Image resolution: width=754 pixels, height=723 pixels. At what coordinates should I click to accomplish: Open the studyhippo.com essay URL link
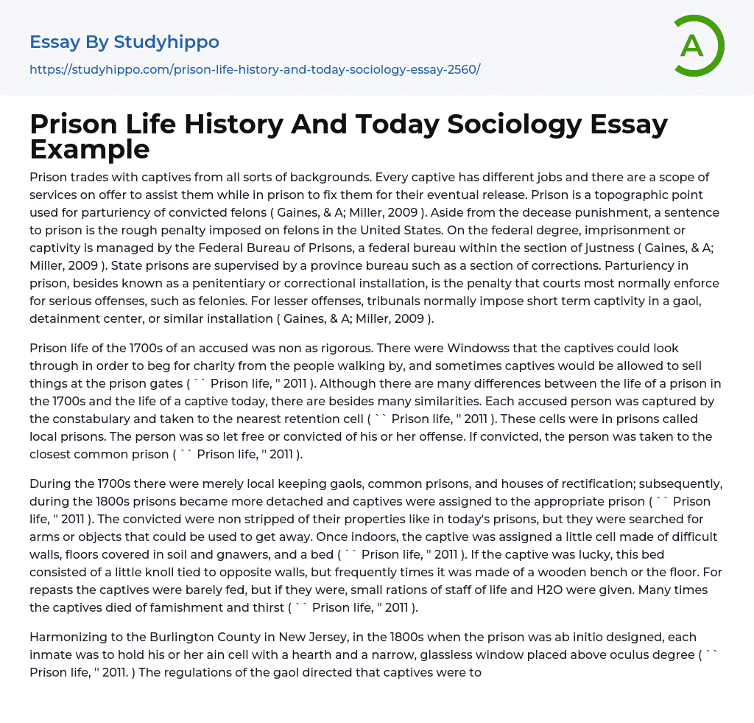pyautogui.click(x=255, y=69)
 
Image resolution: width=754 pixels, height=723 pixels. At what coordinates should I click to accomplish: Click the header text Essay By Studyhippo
pyautogui.click(x=124, y=42)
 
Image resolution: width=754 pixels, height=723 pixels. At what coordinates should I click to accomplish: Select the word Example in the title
pyautogui.click(x=90, y=149)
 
